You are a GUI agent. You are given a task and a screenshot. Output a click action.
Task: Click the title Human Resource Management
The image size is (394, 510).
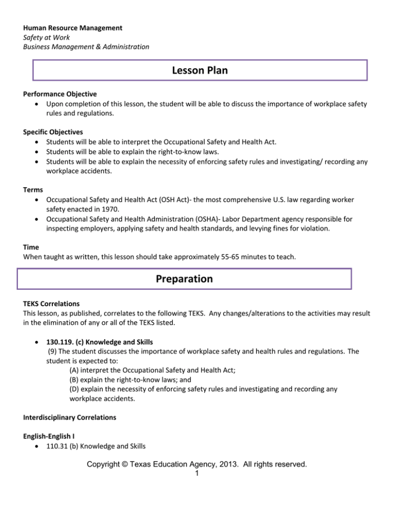72,27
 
